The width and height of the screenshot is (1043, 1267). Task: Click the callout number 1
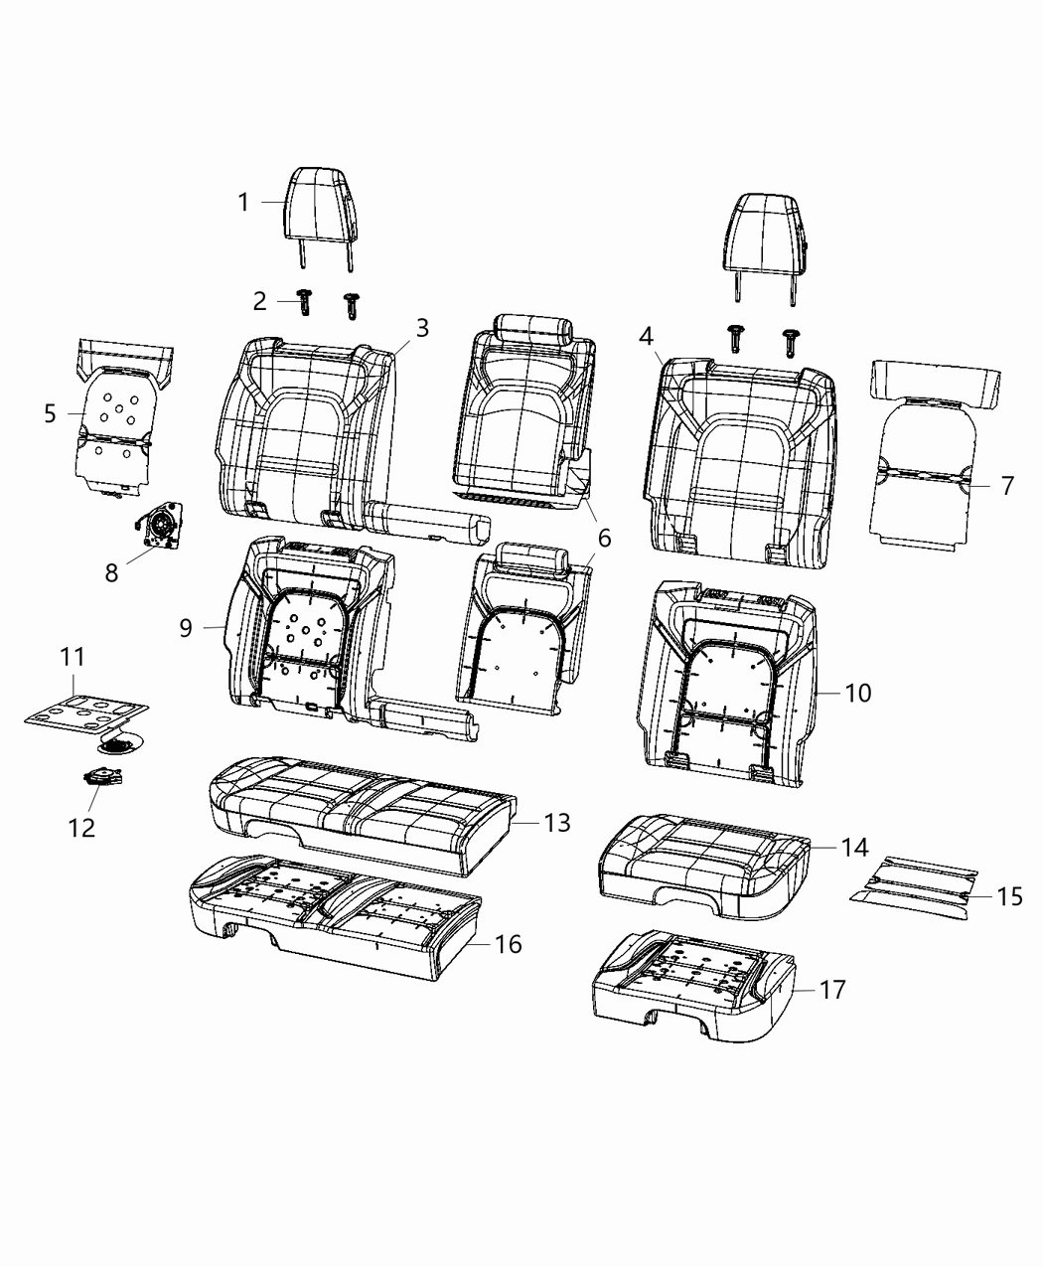tap(243, 203)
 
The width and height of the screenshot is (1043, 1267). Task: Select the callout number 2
tap(260, 301)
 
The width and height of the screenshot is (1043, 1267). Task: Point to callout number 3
tap(422, 328)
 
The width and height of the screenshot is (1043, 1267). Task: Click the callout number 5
tap(51, 413)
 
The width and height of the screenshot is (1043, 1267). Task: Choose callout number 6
tap(603, 538)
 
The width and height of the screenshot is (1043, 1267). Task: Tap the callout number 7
tap(1006, 486)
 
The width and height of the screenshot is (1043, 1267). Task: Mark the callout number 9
tap(186, 628)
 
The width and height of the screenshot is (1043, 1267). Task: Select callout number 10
tap(857, 692)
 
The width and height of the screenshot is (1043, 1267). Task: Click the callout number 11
tap(73, 657)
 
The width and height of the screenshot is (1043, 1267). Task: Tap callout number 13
tap(557, 822)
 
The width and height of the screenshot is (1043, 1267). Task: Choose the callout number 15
tap(1009, 896)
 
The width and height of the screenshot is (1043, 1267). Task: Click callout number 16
tap(508, 943)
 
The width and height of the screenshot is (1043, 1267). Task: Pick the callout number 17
tap(832, 990)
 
